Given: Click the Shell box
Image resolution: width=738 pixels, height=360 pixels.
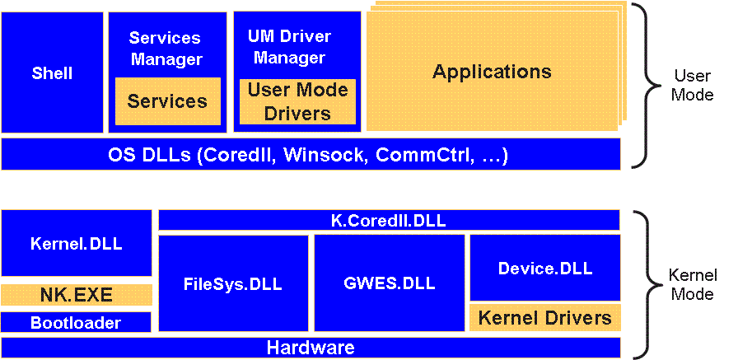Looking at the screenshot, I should (52, 72).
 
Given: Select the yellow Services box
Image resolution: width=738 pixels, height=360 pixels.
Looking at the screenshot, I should (167, 101).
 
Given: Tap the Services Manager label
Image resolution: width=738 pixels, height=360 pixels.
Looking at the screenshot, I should (166, 49).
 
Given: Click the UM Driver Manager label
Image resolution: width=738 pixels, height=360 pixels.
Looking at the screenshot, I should (289, 47).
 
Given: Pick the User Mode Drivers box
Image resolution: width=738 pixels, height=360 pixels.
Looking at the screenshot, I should (297, 101).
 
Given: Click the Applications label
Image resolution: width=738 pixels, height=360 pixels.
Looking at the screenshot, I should (492, 71).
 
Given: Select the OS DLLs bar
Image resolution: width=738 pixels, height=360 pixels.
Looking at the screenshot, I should (310, 154).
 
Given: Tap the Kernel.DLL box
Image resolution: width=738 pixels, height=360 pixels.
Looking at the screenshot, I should (76, 243).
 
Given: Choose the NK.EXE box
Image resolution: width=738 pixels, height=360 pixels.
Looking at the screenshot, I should (76, 295).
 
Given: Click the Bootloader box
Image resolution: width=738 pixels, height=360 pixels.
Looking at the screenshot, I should (76, 322).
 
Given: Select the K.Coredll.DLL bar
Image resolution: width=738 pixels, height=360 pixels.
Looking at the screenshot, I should (388, 220).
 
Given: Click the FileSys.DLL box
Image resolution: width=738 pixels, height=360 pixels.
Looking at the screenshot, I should (232, 283).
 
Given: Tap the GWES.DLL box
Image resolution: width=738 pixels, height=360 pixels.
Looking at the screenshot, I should (388, 283).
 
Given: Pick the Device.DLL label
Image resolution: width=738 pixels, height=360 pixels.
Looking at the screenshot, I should (544, 268).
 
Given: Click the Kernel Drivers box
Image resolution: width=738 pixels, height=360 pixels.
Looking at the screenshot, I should (544, 317).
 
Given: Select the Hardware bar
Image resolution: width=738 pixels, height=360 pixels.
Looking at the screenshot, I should (310, 348).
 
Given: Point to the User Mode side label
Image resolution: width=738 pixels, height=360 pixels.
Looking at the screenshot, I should (692, 85).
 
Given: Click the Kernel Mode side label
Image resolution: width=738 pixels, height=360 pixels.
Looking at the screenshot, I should (692, 284).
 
